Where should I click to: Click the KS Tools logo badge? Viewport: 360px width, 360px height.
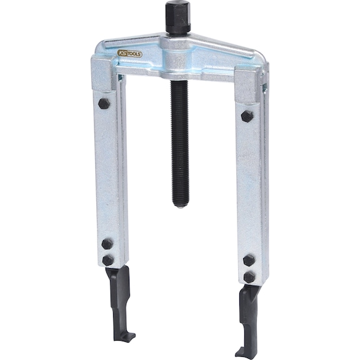[x=129, y=54]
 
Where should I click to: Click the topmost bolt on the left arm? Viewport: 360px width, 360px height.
[x=104, y=103]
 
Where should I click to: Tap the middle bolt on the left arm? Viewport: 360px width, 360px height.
[x=107, y=243]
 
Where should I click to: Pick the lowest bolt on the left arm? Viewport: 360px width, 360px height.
[x=109, y=259]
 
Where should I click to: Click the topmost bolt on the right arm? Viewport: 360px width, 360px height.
[x=247, y=116]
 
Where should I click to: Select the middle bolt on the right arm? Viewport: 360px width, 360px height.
[x=249, y=260]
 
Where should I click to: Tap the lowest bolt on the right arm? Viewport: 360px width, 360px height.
[x=250, y=276]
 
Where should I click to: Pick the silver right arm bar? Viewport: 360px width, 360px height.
[x=253, y=187]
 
